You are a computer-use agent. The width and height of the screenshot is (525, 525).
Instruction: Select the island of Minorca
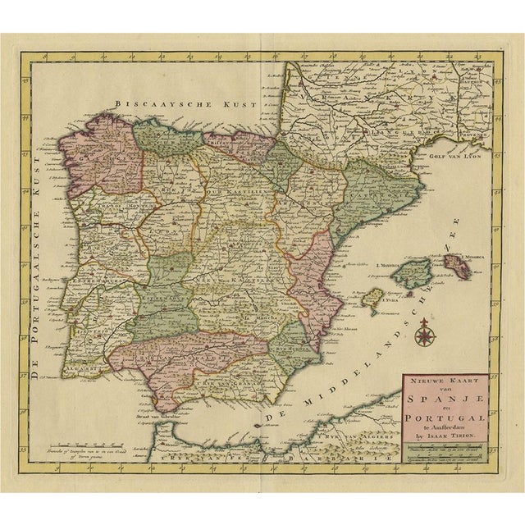(x=460, y=263)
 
